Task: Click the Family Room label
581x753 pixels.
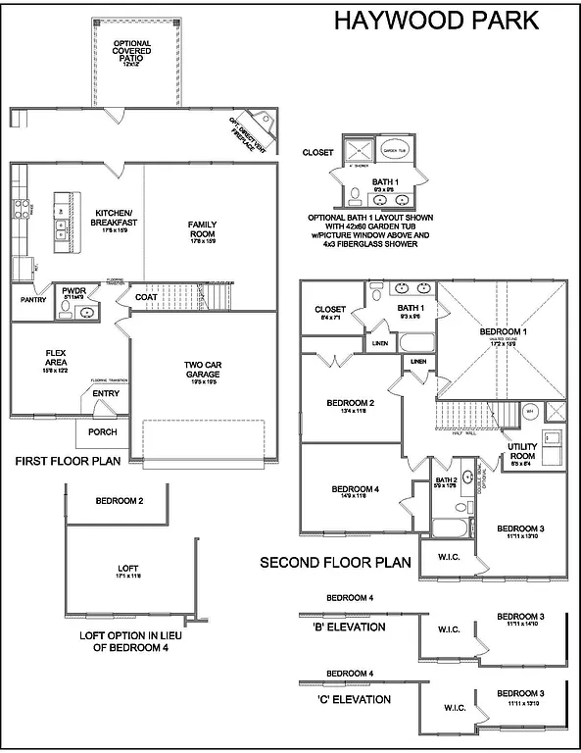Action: (x=203, y=228)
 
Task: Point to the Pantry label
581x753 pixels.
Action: (x=34, y=300)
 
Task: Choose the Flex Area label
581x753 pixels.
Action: (x=55, y=358)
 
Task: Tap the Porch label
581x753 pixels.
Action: (x=102, y=431)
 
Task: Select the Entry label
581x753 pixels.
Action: (x=106, y=394)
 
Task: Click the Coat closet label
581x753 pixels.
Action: (x=146, y=297)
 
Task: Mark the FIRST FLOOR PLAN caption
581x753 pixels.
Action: (x=68, y=461)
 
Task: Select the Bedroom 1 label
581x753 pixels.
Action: (x=503, y=332)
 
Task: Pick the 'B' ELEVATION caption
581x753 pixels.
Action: (x=349, y=627)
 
